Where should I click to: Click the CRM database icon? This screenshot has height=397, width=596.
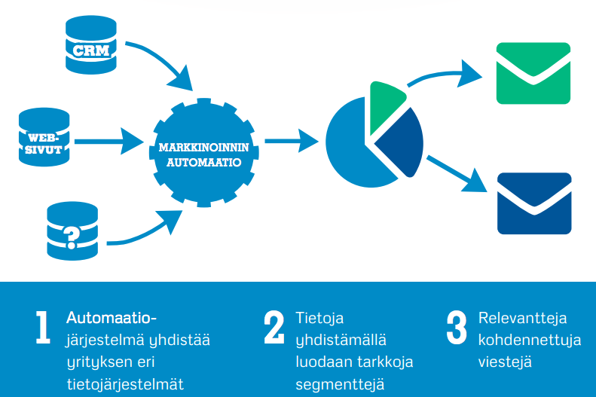(91, 45)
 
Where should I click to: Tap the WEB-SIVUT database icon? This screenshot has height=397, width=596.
(44, 137)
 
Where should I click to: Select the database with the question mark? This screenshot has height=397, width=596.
(72, 231)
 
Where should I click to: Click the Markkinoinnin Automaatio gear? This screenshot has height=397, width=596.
(204, 153)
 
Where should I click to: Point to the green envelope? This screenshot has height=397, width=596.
(533, 73)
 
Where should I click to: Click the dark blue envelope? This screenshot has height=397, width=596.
(534, 203)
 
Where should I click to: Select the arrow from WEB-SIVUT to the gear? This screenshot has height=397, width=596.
(109, 142)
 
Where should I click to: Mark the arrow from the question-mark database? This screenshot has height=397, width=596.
(145, 232)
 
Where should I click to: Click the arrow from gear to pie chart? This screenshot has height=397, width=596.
(292, 141)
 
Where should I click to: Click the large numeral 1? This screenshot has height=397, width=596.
(43, 327)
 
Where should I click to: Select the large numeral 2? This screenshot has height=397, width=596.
(274, 327)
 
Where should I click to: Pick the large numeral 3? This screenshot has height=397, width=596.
(457, 328)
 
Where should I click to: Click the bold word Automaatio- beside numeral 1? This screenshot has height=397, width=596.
(112, 318)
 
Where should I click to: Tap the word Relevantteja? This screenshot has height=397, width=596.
(522, 318)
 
